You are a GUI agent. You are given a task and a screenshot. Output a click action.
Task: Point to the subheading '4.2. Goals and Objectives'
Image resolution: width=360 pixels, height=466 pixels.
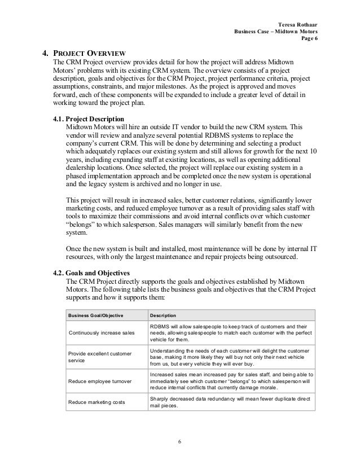(x=91, y=273)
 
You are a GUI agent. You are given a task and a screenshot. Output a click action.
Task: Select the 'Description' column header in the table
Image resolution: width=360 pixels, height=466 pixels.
(x=162, y=315)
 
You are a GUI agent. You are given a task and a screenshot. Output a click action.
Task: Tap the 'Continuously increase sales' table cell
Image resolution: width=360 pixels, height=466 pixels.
(x=101, y=333)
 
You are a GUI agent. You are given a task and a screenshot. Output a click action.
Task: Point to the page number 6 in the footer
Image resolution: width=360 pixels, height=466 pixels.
(x=179, y=441)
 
